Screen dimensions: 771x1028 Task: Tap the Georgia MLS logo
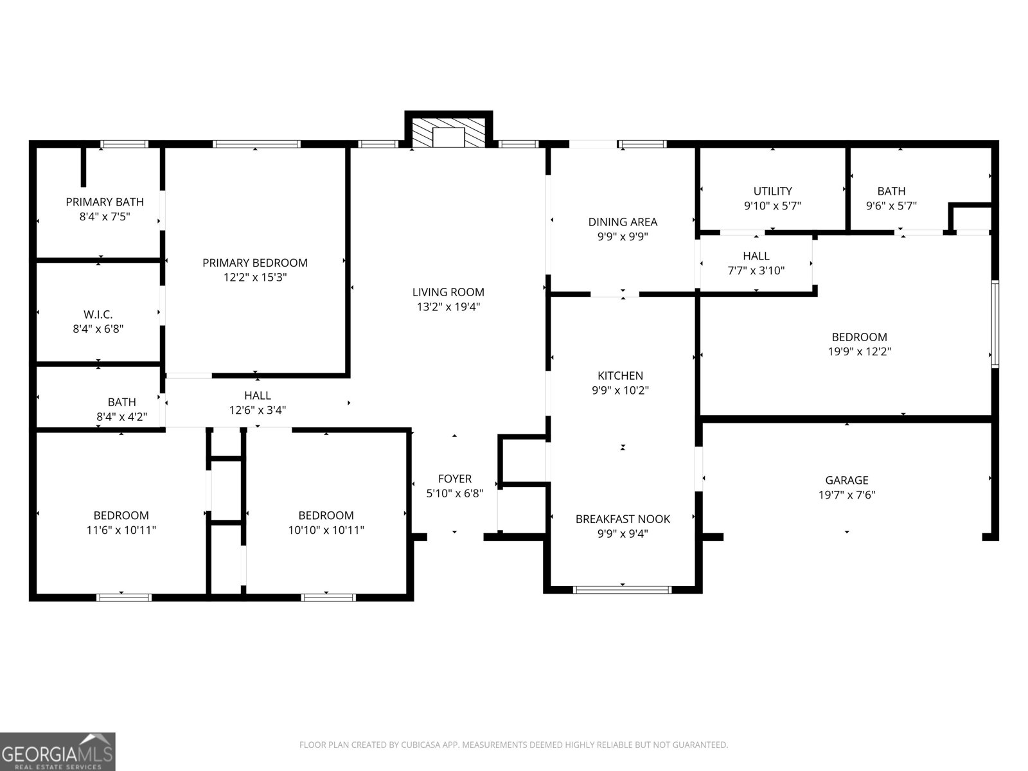coord(58,751)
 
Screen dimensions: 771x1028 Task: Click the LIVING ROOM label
coord(448,292)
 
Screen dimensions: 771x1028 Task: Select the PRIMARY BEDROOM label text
coord(255,263)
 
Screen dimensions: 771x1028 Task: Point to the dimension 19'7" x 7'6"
coord(847,495)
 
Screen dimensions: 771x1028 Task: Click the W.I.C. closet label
coord(98,314)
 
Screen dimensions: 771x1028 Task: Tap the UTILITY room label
coord(772,191)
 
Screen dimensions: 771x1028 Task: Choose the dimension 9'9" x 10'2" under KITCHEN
coord(621,391)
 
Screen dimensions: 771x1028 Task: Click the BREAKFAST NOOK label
coord(623,519)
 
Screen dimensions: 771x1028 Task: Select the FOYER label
coord(455,479)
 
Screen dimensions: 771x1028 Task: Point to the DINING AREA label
coord(623,222)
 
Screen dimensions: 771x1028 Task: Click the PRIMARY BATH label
coord(105,202)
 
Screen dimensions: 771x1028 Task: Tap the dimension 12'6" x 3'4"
coord(258,410)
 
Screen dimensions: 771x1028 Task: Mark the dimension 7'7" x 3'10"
coord(756,270)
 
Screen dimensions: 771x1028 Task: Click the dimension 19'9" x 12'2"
coord(860,351)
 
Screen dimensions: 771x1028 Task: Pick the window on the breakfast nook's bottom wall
coord(622,589)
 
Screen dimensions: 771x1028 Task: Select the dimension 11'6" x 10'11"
coord(121,530)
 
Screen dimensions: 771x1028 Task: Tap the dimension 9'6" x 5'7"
coord(891,206)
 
